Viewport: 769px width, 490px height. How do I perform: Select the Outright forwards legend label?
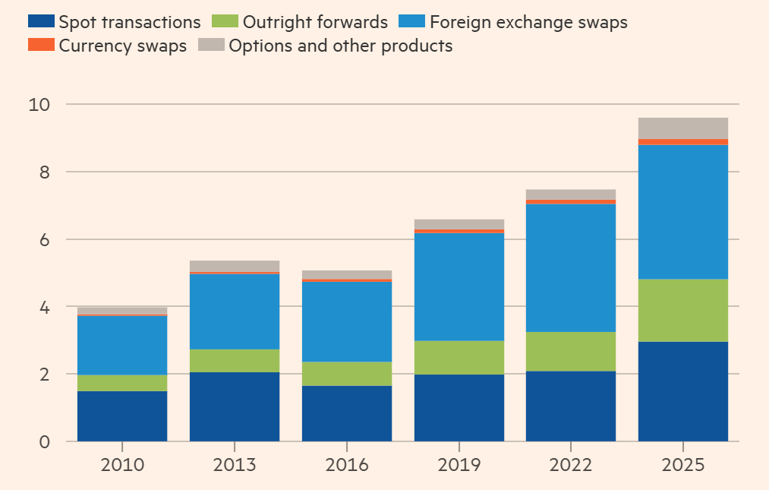(x=315, y=22)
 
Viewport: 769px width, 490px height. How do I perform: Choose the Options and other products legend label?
(x=340, y=46)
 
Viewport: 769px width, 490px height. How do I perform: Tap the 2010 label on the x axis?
(x=122, y=465)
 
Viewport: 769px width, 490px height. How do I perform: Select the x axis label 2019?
(x=459, y=465)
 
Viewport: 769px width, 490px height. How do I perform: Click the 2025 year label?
(x=683, y=465)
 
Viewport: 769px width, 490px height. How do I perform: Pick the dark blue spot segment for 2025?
(x=683, y=391)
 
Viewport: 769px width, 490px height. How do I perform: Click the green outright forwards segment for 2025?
(x=683, y=310)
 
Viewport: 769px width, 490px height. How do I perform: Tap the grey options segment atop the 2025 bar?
(x=683, y=128)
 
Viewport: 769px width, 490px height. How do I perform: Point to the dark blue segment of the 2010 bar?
(x=122, y=416)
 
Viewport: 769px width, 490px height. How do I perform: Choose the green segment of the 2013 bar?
(x=235, y=360)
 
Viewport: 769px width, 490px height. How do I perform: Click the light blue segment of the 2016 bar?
(x=347, y=321)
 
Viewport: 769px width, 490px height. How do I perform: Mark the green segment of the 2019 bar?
(x=459, y=357)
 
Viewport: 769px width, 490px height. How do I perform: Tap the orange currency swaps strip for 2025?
(x=683, y=142)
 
